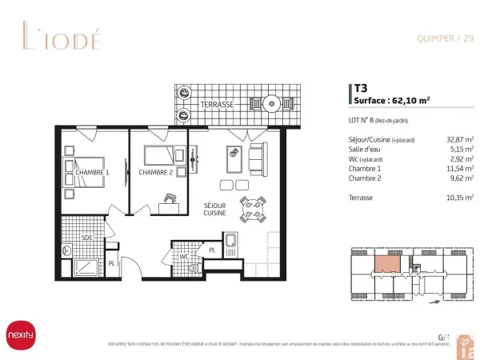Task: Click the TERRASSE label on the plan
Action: click(x=218, y=105)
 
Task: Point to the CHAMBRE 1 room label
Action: click(x=92, y=173)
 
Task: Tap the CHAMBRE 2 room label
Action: click(x=155, y=173)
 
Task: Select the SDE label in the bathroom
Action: click(x=86, y=238)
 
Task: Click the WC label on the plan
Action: click(x=183, y=256)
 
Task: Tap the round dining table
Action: click(x=253, y=210)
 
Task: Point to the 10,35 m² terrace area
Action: click(x=459, y=196)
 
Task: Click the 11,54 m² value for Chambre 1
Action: click(x=459, y=170)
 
